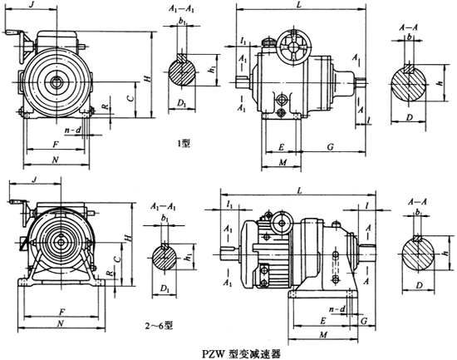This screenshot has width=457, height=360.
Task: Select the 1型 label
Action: tap(185, 142)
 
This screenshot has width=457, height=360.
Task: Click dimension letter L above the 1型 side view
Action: tap(297, 6)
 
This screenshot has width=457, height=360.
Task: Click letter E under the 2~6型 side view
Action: tap(322, 320)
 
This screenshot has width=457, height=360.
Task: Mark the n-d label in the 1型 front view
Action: tap(72, 131)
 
